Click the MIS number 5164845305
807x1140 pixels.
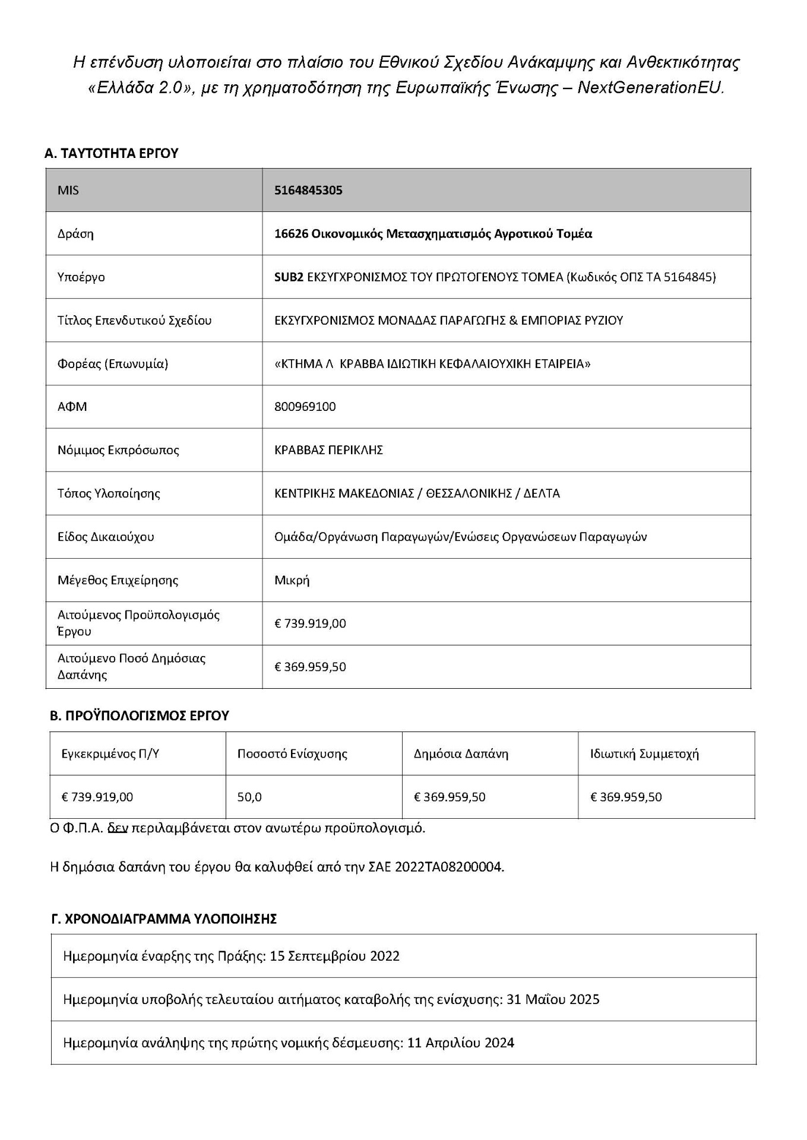pos(308,191)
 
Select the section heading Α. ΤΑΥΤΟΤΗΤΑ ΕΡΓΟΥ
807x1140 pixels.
pos(111,153)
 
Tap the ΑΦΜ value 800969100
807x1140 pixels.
pos(305,407)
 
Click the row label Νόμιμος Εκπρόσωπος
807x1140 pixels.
pos(118,450)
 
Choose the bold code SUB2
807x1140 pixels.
pos(289,277)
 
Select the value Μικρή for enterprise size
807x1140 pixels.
pos(292,580)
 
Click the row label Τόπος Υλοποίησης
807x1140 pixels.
pos(109,493)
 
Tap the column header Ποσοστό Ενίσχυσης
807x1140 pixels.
pos(292,754)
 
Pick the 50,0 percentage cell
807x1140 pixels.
pos(249,797)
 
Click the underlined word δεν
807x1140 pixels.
pos(118,828)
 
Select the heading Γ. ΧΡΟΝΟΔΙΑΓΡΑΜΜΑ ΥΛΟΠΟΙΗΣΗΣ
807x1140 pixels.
pos(164,919)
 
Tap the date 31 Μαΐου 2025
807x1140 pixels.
pos(553,1000)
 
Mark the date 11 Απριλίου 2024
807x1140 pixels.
pos(461,1043)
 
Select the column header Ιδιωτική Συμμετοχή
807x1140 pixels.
pos(644,754)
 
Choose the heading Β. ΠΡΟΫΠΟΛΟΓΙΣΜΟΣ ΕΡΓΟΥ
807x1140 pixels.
pos(139,716)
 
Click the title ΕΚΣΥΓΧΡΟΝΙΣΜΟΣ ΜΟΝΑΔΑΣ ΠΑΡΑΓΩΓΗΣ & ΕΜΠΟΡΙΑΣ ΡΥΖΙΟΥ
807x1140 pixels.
pos(448,321)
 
